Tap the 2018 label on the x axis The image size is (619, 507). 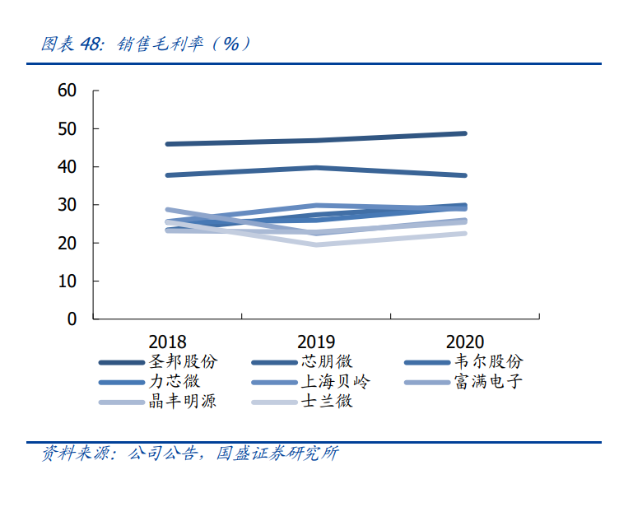(x=167, y=341)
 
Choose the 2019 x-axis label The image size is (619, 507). (x=316, y=341)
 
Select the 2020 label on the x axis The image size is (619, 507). (x=465, y=341)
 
